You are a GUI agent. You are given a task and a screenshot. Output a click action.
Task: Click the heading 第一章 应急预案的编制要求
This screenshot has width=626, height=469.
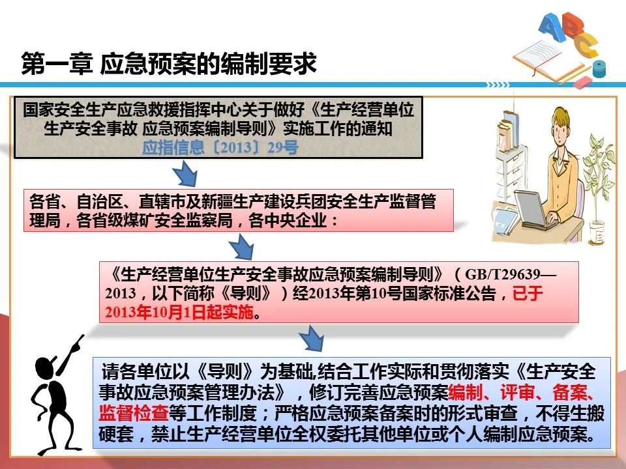click(169, 63)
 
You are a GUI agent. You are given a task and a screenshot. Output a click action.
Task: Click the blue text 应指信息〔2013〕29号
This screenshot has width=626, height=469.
click(220, 148)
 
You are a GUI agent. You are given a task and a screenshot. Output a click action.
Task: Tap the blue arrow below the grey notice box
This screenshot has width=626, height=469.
click(185, 173)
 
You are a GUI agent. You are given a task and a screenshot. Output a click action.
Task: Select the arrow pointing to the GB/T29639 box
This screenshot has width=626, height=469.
click(241, 247)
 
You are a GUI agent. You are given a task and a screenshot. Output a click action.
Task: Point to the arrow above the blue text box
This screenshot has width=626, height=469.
click(311, 337)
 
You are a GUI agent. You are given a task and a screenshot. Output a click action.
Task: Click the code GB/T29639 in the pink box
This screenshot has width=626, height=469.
click(503, 274)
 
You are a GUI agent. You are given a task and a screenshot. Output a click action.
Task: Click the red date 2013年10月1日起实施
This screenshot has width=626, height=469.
click(179, 312)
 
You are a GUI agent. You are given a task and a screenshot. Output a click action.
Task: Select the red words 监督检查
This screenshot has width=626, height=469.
click(133, 413)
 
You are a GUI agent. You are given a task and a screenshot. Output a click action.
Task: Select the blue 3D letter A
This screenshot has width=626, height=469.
click(551, 26)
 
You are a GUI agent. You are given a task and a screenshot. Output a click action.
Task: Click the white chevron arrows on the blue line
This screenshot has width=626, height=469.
click(498, 85)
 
